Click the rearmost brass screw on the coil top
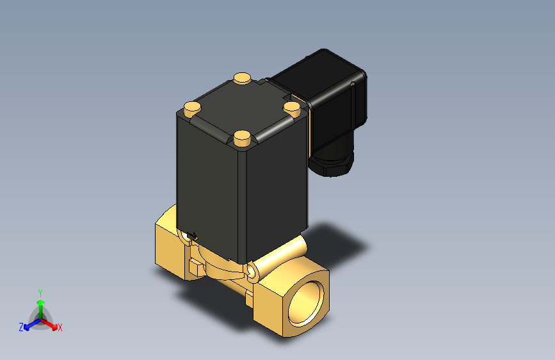[x=242, y=79]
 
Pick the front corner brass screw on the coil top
[x=242, y=136]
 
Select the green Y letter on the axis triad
[x=40, y=291]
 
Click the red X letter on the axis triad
[x=60, y=328]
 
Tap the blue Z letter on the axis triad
[x=21, y=327]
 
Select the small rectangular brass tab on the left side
[x=196, y=265]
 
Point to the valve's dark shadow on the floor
[x=339, y=243]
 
